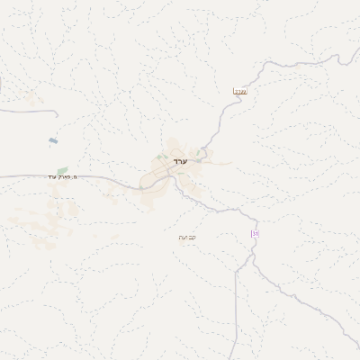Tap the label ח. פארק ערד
tap(63, 177)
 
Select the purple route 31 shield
tap(255, 234)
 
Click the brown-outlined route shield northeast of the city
tap(240, 91)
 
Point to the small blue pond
tap(53, 140)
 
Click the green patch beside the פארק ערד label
tap(62, 169)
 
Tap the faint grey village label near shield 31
tap(187, 237)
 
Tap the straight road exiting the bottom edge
tap(237, 351)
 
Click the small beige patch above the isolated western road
tap(35, 102)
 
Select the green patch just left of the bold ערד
tap(160, 157)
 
